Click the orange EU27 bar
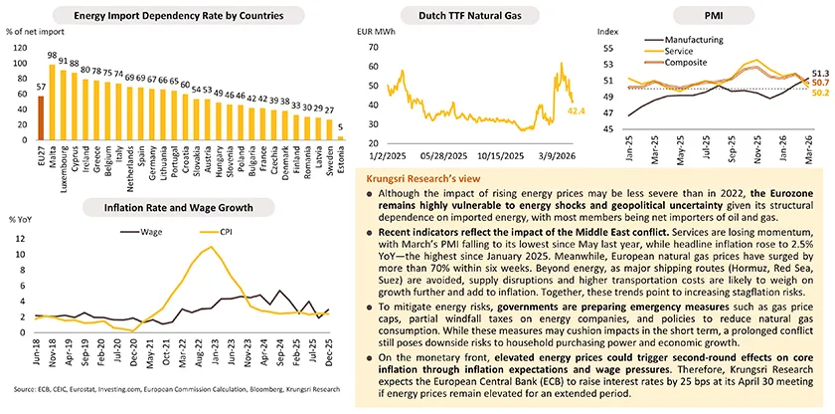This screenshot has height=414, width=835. point(40,118)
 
